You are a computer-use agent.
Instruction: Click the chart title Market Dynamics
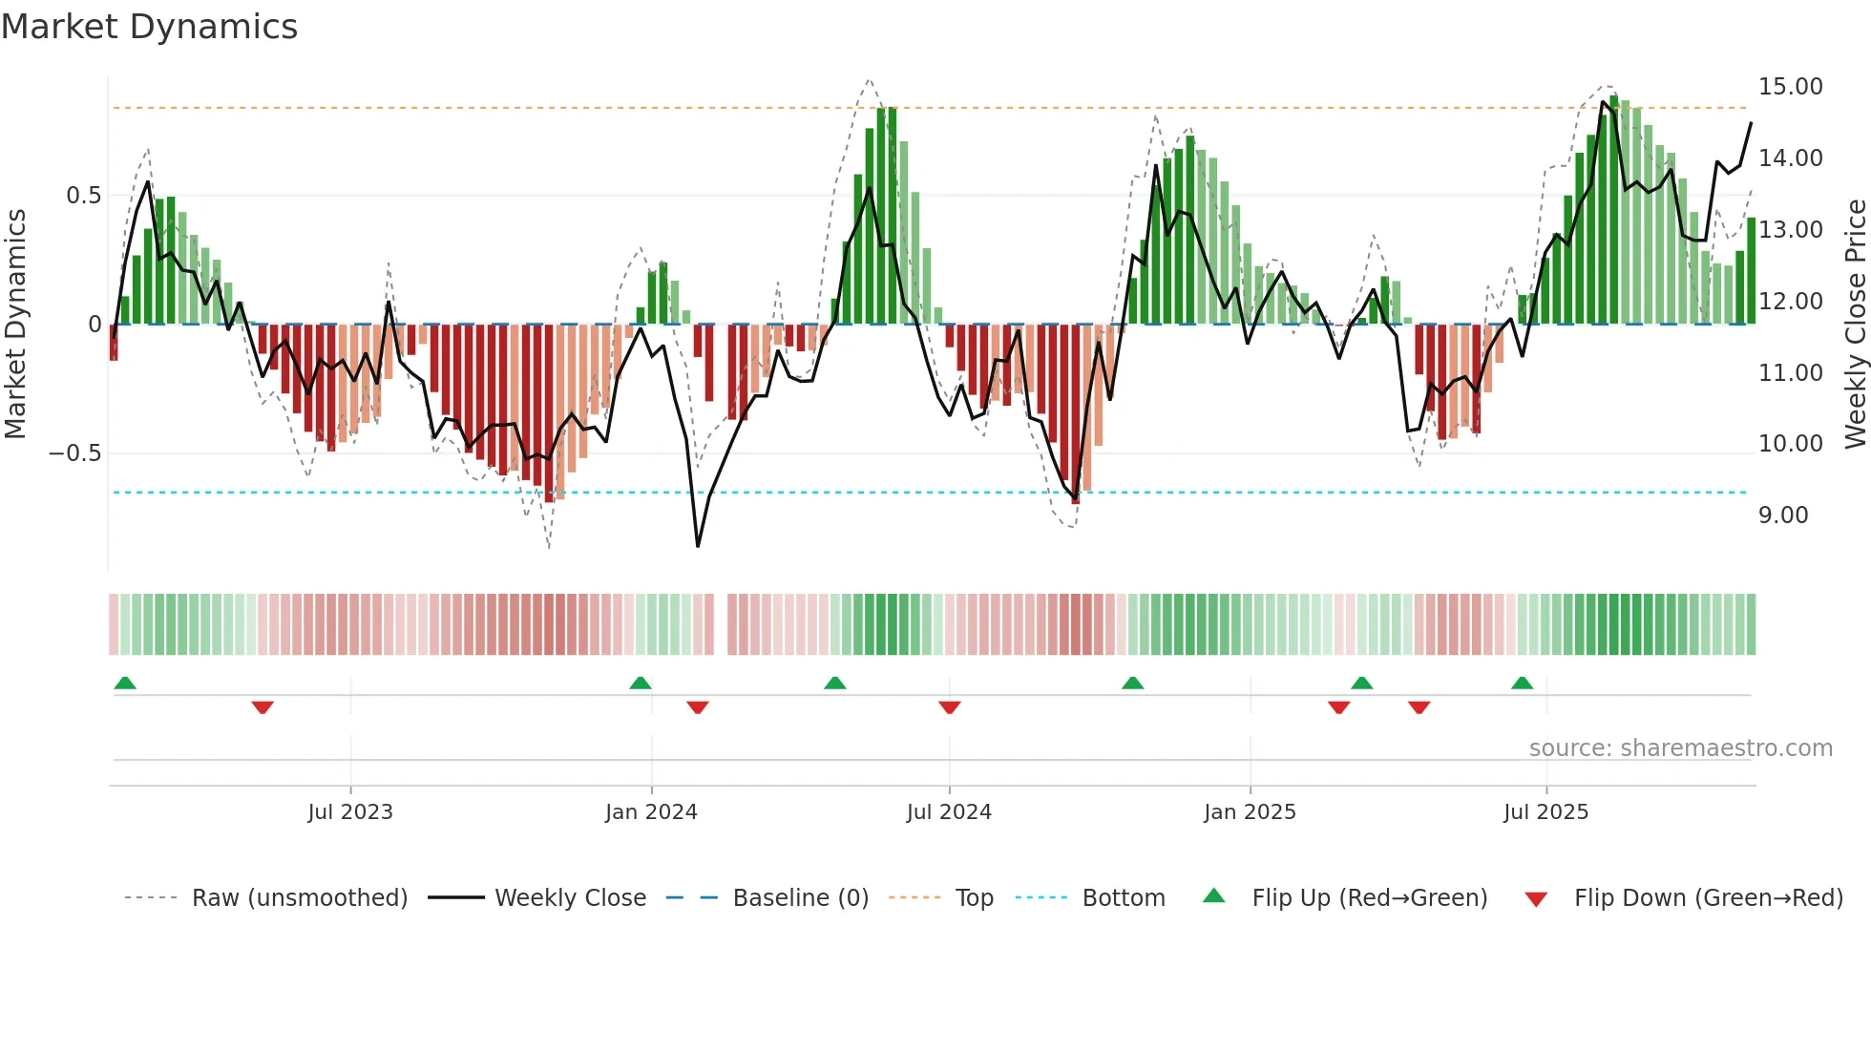click(149, 27)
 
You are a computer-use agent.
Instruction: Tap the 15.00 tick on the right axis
click(1790, 87)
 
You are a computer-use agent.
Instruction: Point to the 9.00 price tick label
click(1782, 515)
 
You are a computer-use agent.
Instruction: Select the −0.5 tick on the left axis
click(75, 453)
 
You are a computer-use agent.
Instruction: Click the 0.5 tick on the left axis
click(83, 196)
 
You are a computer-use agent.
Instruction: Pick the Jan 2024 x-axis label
click(651, 812)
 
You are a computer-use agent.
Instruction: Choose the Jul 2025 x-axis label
click(1545, 812)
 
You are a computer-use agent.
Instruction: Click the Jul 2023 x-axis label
click(350, 812)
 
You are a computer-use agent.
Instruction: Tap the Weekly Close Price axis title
click(1855, 324)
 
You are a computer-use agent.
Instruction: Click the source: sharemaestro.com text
click(1680, 748)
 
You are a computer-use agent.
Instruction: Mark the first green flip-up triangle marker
click(125, 683)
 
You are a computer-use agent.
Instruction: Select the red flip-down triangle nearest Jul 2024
click(949, 707)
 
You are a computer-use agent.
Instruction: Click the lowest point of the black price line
click(698, 546)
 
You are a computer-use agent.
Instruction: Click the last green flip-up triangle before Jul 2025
click(1522, 683)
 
